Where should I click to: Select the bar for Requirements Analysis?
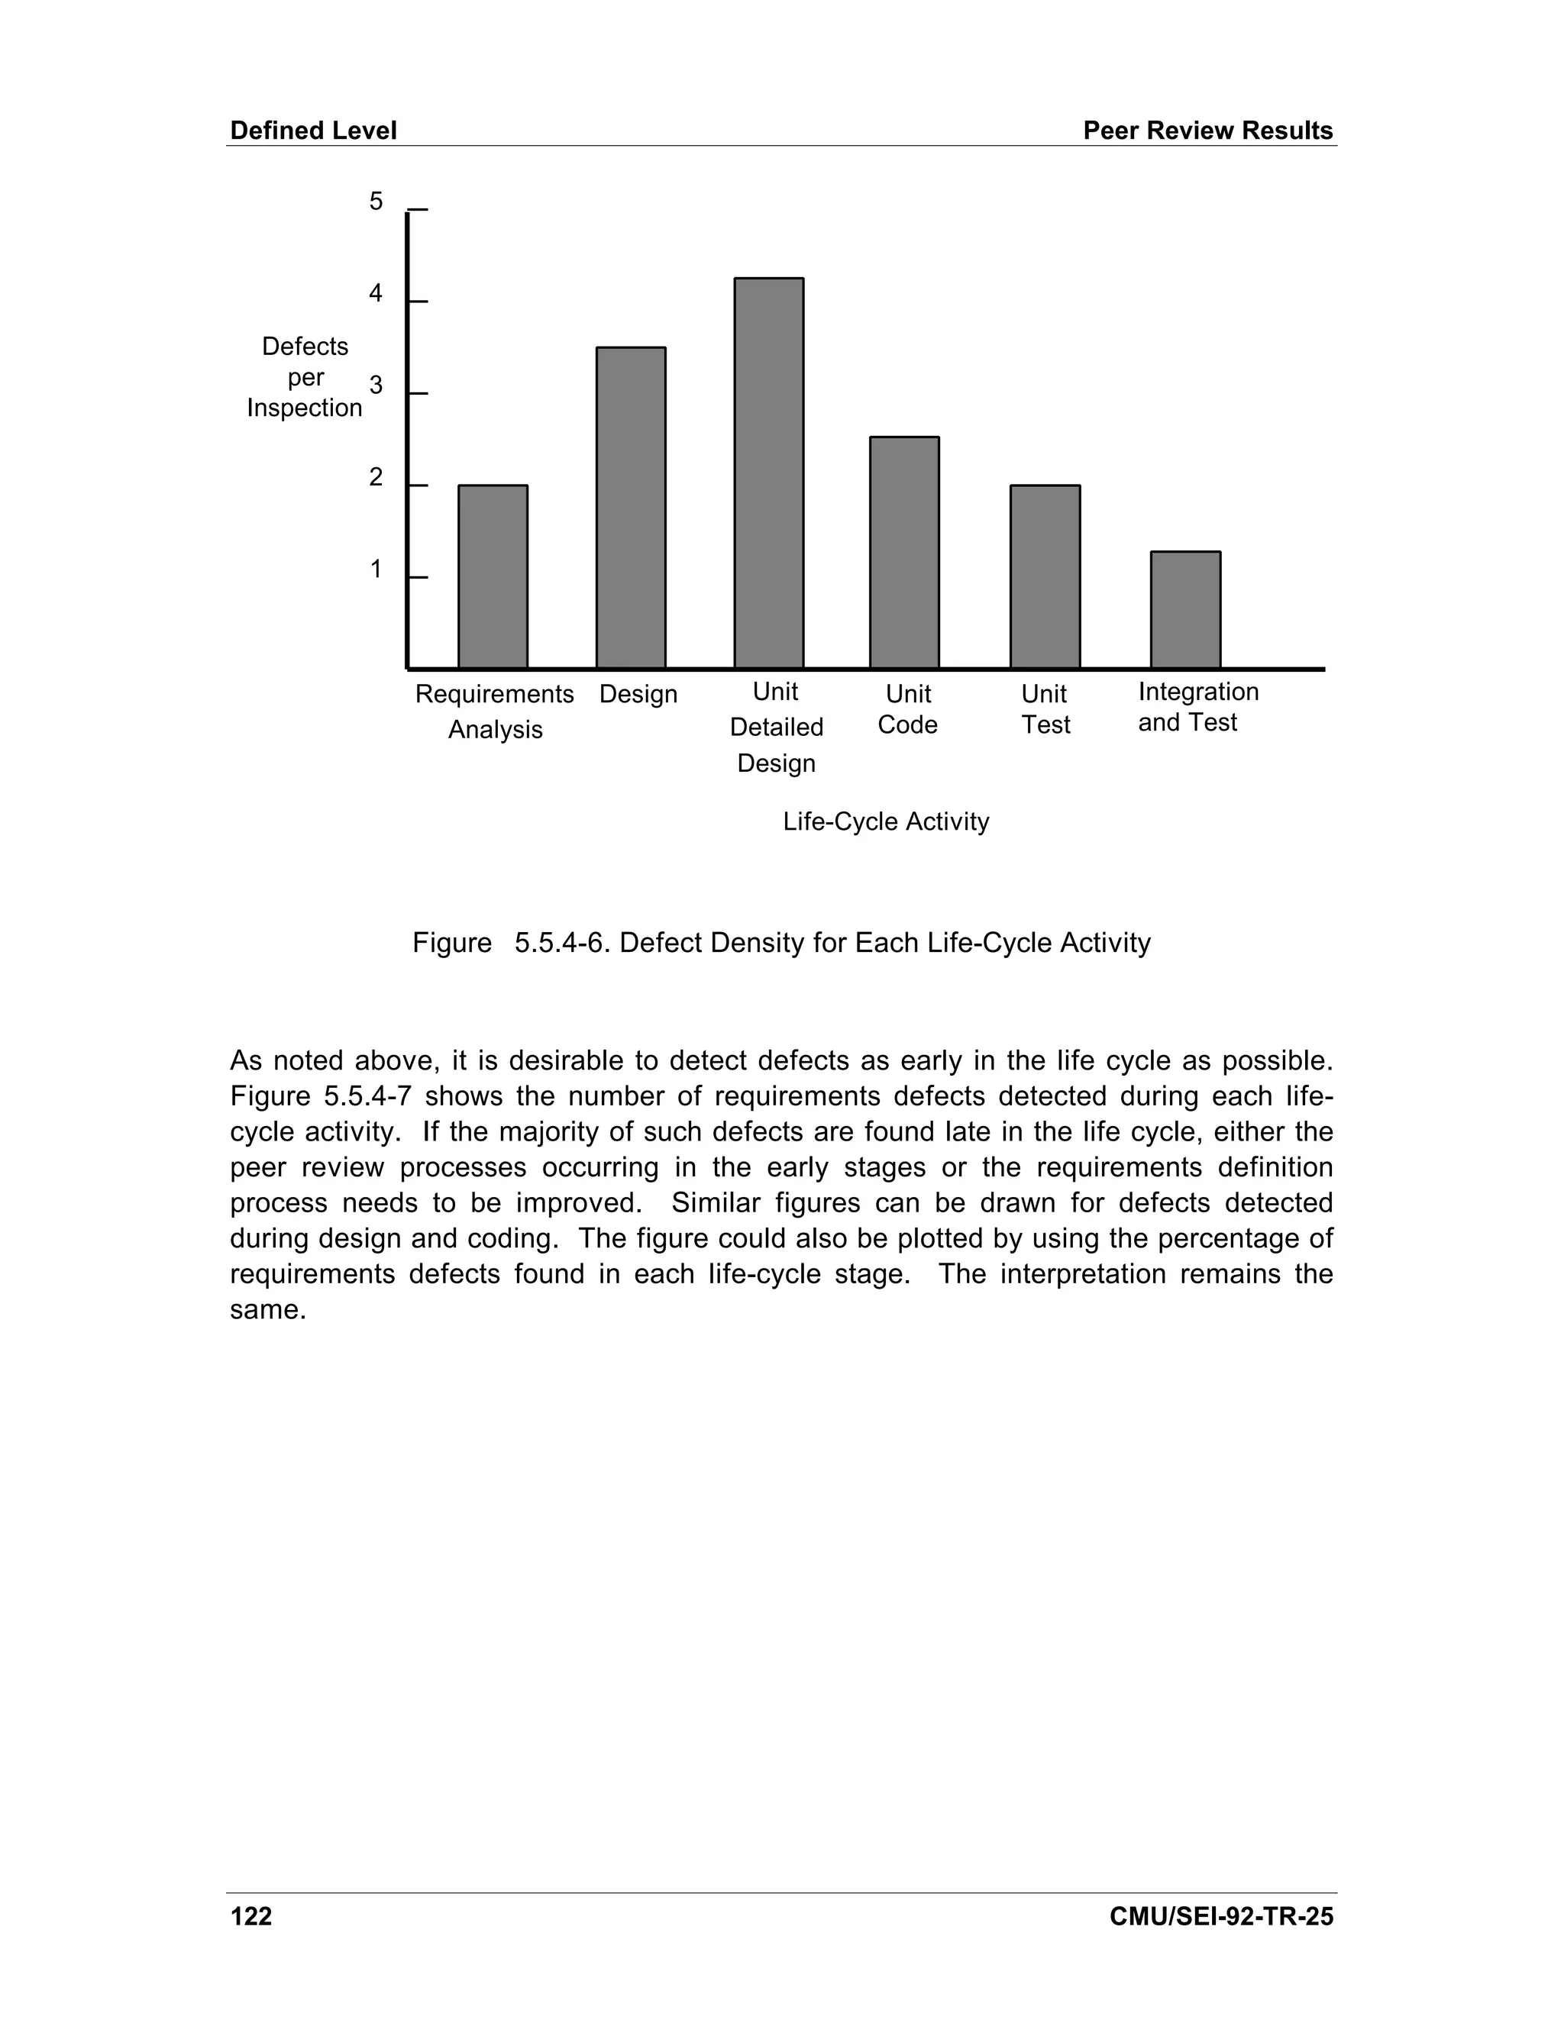point(493,576)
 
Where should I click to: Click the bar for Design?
point(630,508)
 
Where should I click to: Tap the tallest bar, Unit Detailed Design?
point(768,473)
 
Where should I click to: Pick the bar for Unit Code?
point(904,552)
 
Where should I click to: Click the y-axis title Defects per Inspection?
point(305,377)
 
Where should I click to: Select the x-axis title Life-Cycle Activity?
point(886,821)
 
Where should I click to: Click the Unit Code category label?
point(907,709)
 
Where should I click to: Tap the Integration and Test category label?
point(1197,707)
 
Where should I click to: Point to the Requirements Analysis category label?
point(495,711)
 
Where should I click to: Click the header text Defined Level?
point(313,131)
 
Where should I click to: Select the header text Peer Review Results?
point(1207,131)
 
